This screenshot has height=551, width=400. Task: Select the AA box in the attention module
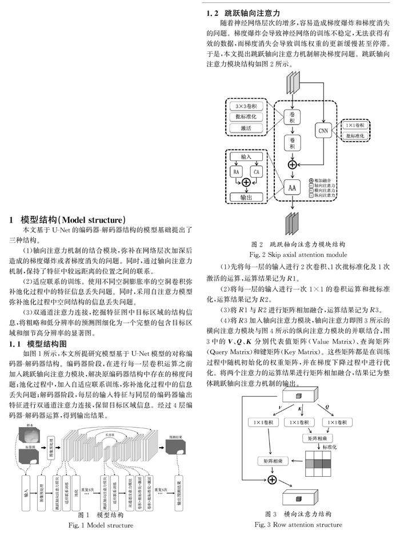pos(293,187)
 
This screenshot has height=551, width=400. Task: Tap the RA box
pos(235,171)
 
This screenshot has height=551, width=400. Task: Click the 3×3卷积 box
pos(246,107)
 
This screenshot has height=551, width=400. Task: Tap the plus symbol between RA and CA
pos(246,182)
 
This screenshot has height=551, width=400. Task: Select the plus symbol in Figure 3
pos(273,479)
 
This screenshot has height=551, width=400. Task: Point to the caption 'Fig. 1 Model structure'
pos(101,525)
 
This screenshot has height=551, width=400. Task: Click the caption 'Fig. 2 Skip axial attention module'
pos(298,254)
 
